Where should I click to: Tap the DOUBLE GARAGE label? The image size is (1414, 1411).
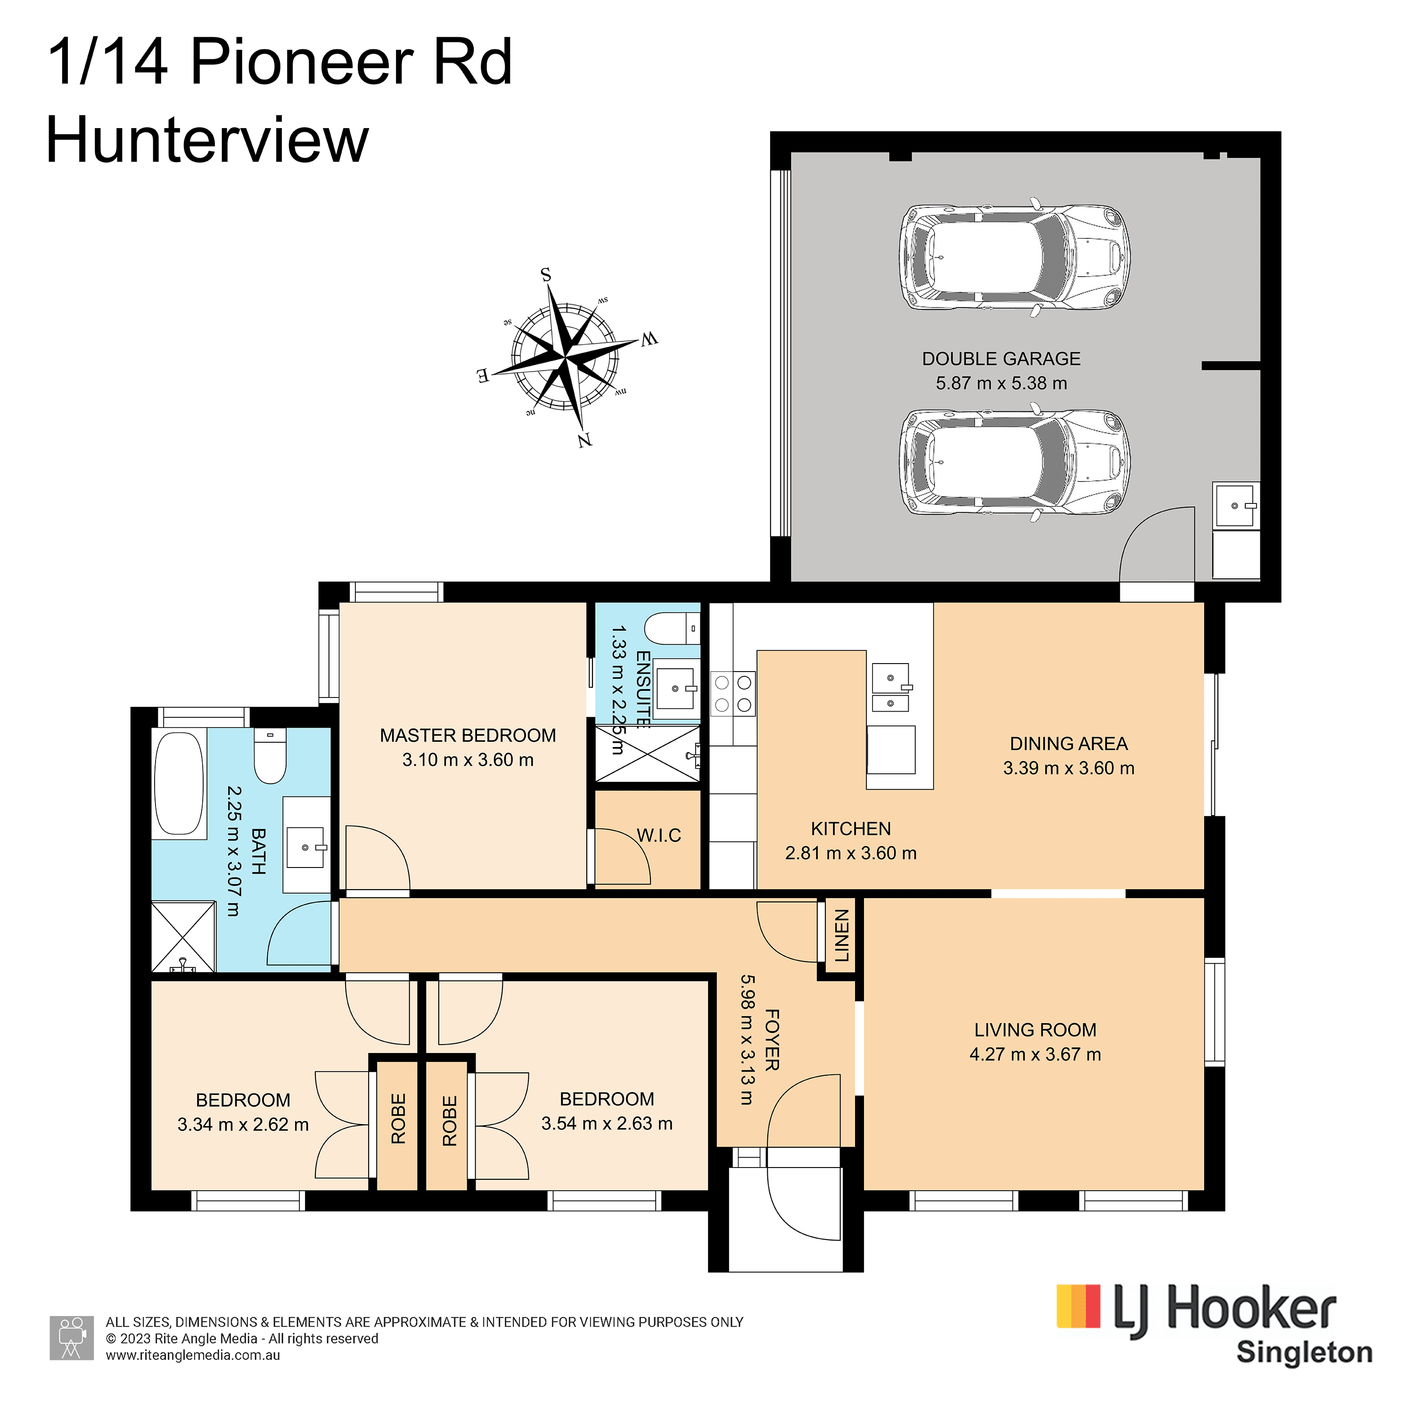(1001, 358)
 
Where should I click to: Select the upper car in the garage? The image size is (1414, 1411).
(1014, 257)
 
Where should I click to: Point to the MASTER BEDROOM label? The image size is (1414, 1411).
(468, 735)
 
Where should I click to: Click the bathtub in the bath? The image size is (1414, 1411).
(179, 783)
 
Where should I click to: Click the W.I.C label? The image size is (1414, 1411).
(659, 835)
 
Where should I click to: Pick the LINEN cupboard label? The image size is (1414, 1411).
(842, 935)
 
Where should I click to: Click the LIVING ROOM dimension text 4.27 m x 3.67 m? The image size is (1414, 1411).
(1035, 1054)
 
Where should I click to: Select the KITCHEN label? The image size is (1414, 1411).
(850, 829)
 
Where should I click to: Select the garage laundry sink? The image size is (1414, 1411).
(1236, 505)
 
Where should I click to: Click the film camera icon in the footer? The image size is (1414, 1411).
(72, 1338)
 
